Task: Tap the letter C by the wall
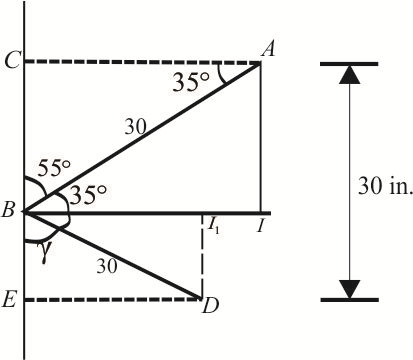[9, 62]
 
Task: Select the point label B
[8, 212]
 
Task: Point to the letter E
[9, 300]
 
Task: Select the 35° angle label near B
[87, 196]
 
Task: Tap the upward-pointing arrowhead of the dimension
[349, 76]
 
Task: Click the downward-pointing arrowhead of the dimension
[349, 288]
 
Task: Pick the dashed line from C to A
[140, 62]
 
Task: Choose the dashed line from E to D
[110, 299]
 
